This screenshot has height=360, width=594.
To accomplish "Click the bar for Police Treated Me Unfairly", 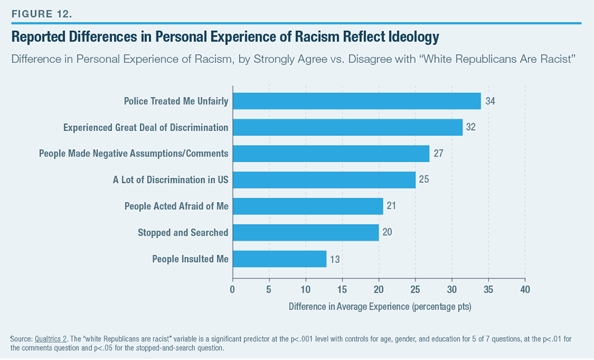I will point(356,101).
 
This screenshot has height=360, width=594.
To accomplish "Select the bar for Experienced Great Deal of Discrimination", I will point(347,127).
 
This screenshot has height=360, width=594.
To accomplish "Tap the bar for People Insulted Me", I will point(279,258).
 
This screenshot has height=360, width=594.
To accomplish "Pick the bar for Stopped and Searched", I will point(305,232).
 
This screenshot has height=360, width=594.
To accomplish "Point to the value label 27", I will point(439,153).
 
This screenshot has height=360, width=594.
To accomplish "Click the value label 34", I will point(490,101).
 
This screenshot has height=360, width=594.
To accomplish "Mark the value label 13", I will point(336,259).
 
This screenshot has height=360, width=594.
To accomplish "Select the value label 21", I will point(392,206).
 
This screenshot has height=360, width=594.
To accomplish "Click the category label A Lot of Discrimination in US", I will point(170,179).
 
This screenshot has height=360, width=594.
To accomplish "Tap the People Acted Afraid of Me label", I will point(176,206).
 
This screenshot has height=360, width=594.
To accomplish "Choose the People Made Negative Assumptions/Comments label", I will point(134,153).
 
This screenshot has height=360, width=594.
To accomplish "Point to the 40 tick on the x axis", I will point(525,289).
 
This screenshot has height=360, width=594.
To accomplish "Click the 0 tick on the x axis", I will point(232,289).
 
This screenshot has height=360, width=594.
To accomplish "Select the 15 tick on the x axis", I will point(342,289).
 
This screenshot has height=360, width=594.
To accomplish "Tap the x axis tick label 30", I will point(451,289).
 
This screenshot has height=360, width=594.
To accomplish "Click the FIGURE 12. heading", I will point(37,10).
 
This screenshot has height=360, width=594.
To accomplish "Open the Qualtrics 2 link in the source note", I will point(53,339).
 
